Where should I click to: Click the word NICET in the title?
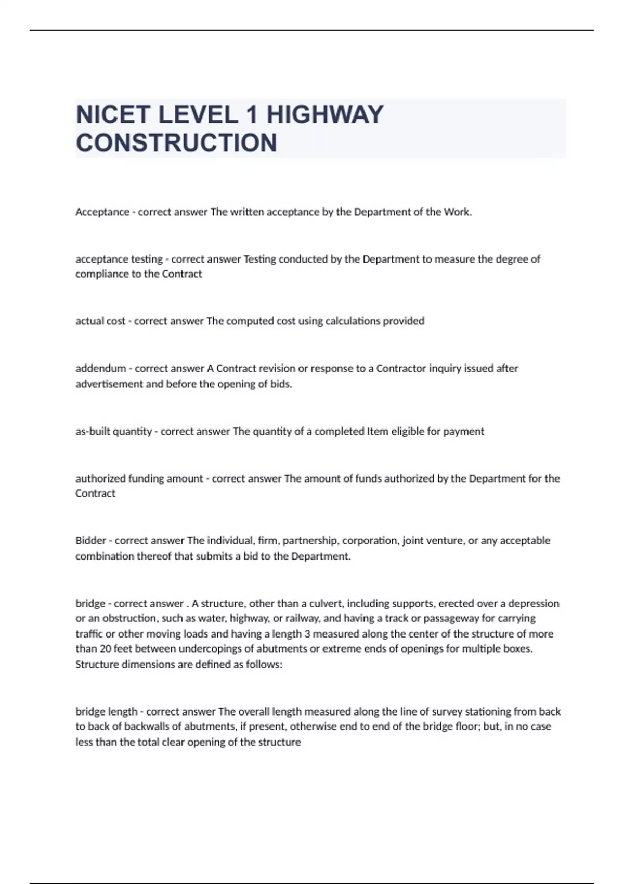[113, 115]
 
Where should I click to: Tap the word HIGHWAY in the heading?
[325, 115]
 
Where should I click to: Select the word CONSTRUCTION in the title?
[176, 143]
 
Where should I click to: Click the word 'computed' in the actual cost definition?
[249, 321]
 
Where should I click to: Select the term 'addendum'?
[100, 369]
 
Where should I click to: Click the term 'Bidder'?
[90, 540]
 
